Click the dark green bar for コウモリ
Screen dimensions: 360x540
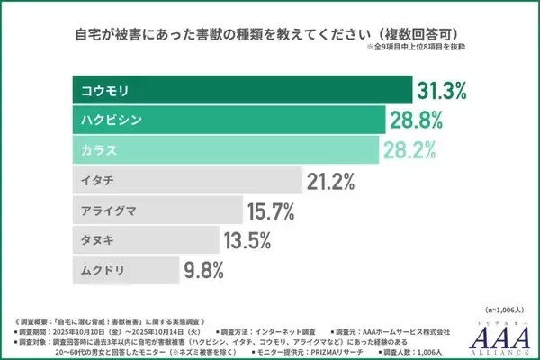click(x=240, y=90)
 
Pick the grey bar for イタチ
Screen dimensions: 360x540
click(x=185, y=179)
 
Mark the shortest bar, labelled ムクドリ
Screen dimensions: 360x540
click(x=125, y=268)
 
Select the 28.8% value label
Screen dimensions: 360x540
click(x=417, y=120)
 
